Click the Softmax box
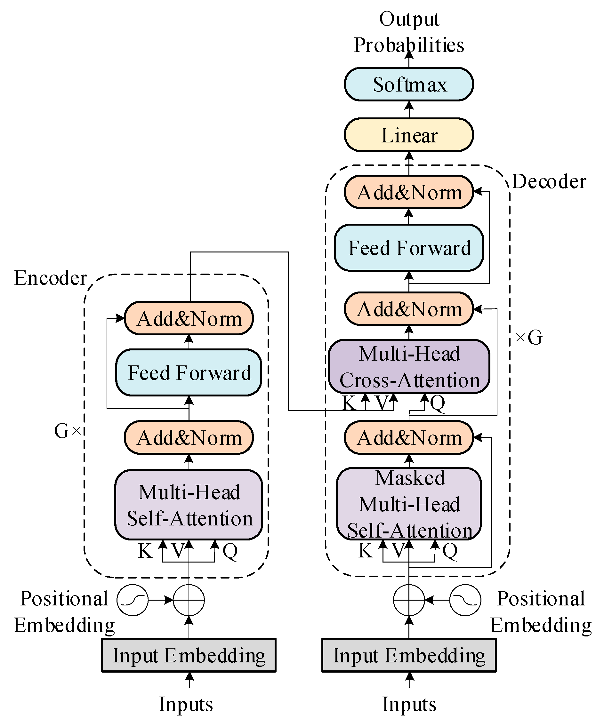pyautogui.click(x=409, y=84)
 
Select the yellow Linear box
pyautogui.click(x=409, y=135)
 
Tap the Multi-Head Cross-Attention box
pyautogui.click(x=409, y=367)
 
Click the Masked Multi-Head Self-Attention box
pyautogui.click(x=409, y=504)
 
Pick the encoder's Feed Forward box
pyautogui.click(x=189, y=372)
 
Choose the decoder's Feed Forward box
pyautogui.click(x=409, y=248)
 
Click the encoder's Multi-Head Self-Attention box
pyautogui.click(x=189, y=505)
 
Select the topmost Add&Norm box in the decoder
pyautogui.click(x=409, y=192)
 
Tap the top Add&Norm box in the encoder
pyautogui.click(x=189, y=318)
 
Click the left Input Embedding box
pyautogui.click(x=189, y=655)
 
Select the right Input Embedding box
pyautogui.click(x=409, y=655)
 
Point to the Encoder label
pyautogui.click(x=50, y=278)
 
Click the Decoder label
pyautogui.click(x=549, y=181)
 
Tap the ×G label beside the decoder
pyautogui.click(x=528, y=337)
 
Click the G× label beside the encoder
pyautogui.click(x=68, y=431)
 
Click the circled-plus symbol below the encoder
pyautogui.click(x=189, y=600)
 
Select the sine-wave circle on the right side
pyautogui.click(x=465, y=600)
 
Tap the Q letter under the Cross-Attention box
pyautogui.click(x=438, y=403)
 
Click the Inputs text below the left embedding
pyautogui.click(x=186, y=704)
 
